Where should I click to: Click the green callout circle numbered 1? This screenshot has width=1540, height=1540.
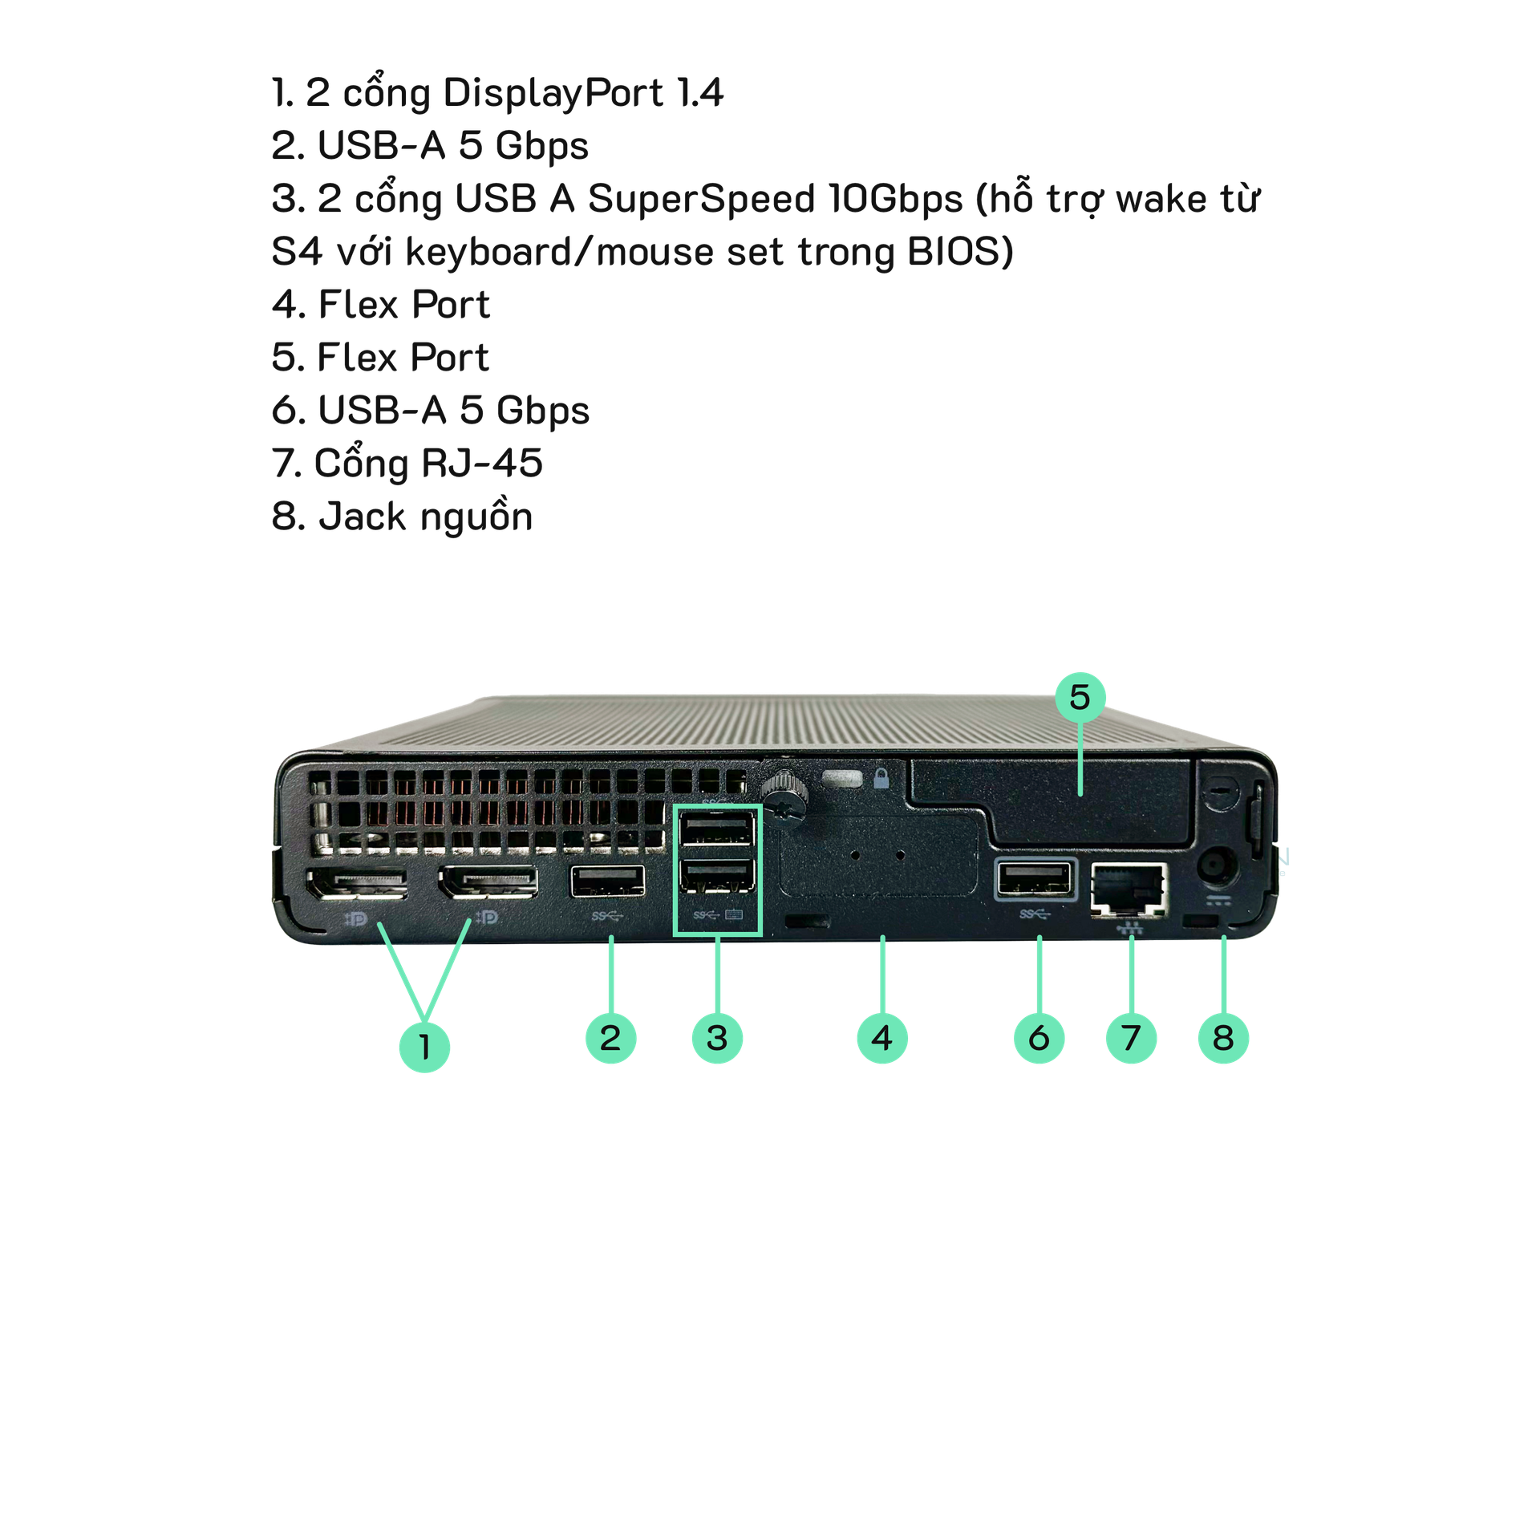(424, 1046)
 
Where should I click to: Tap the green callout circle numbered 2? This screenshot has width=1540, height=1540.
(610, 1038)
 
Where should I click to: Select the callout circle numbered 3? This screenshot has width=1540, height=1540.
(717, 1038)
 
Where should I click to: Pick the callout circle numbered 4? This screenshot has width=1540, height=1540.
(882, 1038)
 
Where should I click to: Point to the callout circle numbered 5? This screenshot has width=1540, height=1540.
(1080, 697)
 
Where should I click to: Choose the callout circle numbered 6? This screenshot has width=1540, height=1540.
(1039, 1038)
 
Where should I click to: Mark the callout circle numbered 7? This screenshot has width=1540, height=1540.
(1131, 1038)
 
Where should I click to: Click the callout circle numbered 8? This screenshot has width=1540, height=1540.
(1223, 1038)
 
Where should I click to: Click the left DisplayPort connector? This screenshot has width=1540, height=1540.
(356, 884)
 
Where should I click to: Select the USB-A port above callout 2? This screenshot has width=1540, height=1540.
(607, 881)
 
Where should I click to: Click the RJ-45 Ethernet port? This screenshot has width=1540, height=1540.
(1129, 888)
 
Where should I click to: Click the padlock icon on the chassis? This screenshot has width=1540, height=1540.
(881, 778)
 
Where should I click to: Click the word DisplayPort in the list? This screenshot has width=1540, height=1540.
(553, 93)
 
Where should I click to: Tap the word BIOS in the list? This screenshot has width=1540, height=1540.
(954, 252)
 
